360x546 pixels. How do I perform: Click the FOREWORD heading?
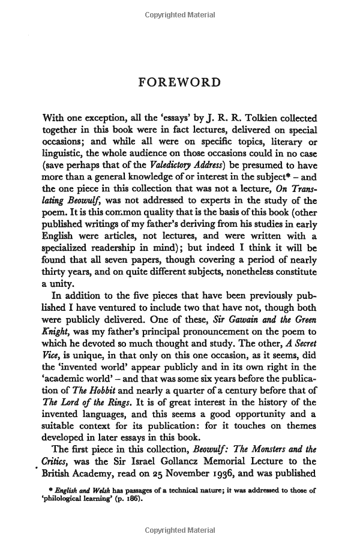coord(179,82)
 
